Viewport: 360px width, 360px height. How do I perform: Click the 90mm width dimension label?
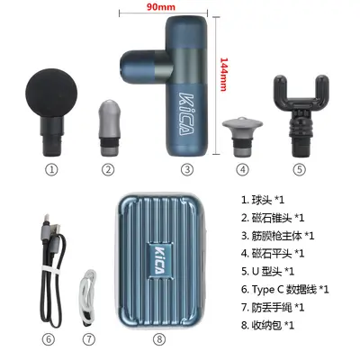tap(161, 6)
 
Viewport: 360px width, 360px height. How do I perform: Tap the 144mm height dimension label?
tap(224, 74)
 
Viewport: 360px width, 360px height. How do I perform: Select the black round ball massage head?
tap(51, 112)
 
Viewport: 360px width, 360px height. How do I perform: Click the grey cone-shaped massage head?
tap(109, 128)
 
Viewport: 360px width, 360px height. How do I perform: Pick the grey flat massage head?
tap(242, 136)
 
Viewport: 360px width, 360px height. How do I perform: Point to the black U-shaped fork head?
tap(301, 115)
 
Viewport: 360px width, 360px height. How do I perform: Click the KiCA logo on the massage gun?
tap(186, 113)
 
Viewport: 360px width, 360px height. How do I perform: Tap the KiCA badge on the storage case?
tap(159, 259)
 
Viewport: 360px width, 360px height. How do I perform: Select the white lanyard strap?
tap(88, 297)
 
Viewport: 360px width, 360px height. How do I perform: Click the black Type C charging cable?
tap(52, 270)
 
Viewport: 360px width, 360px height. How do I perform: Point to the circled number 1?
tap(51, 170)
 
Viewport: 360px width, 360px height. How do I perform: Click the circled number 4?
tap(242, 170)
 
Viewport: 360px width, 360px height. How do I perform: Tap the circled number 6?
tap(49, 339)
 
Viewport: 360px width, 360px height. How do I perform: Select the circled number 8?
tap(159, 339)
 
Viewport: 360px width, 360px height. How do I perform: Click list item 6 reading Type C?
tap(285, 290)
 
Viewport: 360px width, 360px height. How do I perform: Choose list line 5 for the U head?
tap(267, 272)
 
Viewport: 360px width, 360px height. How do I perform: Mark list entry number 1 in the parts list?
tap(263, 200)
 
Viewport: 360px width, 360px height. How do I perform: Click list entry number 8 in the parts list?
tap(267, 325)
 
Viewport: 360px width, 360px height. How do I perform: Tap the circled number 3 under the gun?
tap(187, 170)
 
